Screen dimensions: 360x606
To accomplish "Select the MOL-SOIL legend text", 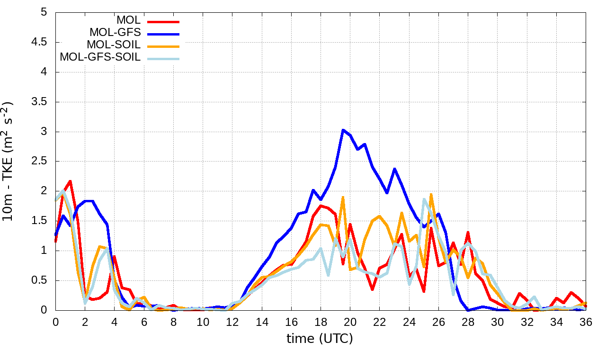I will point(114,45).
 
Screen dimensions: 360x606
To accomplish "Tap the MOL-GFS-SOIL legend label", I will point(100,57).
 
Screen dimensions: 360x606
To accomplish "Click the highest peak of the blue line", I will point(343,130).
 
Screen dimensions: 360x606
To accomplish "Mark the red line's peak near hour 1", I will point(70,181).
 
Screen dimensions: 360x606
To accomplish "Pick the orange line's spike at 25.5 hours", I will point(431,194).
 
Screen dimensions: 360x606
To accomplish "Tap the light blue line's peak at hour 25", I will point(424,199).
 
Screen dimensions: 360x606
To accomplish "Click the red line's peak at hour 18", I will point(321,206).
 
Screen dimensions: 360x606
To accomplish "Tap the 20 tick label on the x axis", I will point(350,322).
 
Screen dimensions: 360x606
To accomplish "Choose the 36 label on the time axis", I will point(586,322).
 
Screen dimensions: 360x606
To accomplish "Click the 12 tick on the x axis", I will point(232,322).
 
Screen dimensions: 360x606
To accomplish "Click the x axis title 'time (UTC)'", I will point(320,339).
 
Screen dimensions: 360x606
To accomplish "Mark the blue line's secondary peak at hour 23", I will point(394,169).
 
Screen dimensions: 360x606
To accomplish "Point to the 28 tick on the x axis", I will point(468,322).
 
